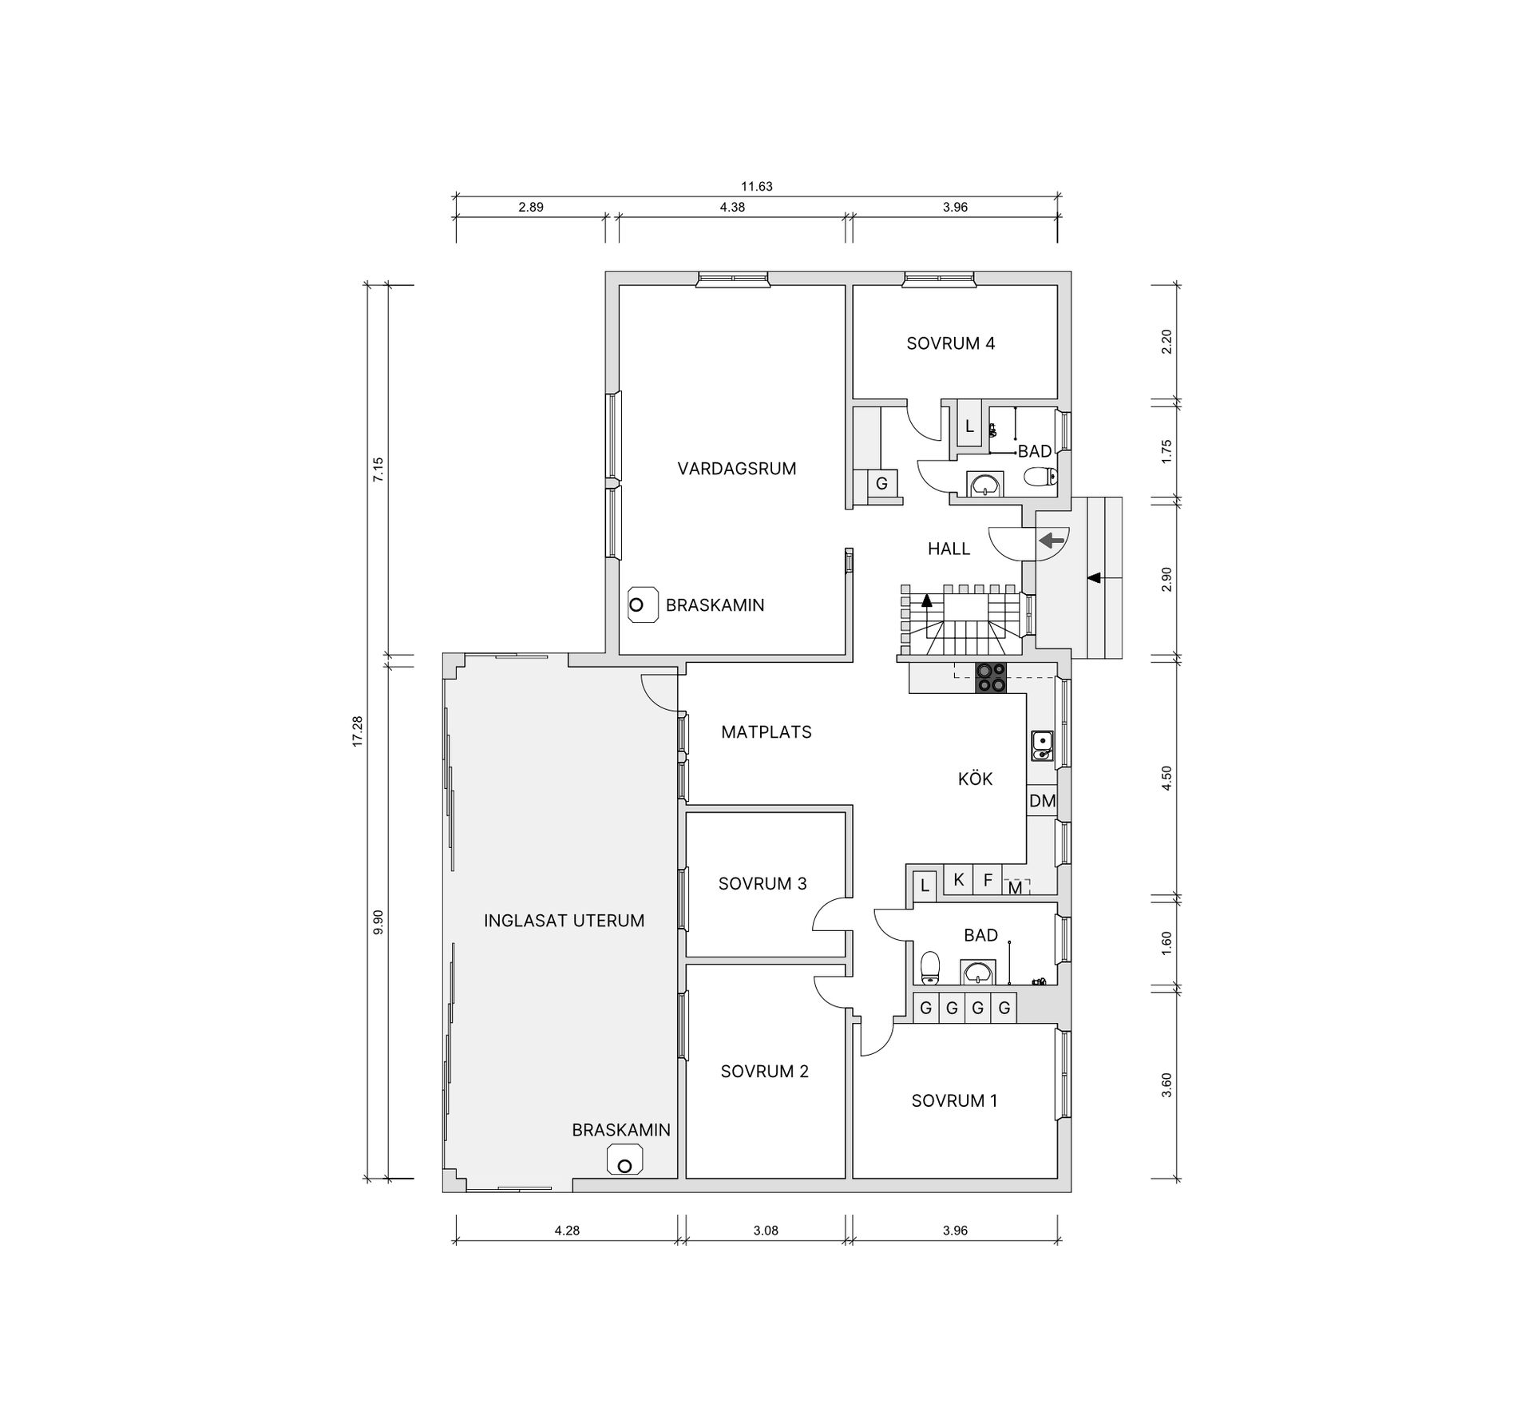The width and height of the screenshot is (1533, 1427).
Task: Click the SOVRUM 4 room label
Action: [950, 343]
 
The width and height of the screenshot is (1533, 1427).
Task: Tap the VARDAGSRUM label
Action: [737, 469]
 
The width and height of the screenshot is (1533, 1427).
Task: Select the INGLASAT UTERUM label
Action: [564, 921]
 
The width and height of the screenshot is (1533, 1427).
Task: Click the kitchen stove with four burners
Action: [991, 678]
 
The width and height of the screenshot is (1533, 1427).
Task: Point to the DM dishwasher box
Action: [1042, 801]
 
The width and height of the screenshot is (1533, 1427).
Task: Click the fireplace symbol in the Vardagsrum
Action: [641, 605]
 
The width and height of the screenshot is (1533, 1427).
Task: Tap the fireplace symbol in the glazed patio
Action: [625, 1160]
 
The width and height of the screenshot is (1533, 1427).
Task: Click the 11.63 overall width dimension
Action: [757, 187]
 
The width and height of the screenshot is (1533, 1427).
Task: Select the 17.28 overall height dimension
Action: [357, 731]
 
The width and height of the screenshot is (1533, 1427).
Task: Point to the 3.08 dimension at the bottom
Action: [766, 1231]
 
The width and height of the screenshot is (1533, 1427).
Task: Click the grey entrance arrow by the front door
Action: [1052, 541]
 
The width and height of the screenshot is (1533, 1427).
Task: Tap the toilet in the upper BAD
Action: [1040, 477]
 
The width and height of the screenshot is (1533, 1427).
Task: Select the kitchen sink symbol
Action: [1042, 745]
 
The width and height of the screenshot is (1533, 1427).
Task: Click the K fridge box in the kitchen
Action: [959, 880]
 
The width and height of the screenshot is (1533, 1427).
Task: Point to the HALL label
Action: [949, 549]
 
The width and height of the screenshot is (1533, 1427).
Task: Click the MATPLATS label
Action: [766, 731]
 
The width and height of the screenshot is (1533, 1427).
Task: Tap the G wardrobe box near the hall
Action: [882, 484]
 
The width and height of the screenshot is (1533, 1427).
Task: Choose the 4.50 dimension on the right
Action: [1167, 778]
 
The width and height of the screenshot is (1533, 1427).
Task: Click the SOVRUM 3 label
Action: [763, 883]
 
